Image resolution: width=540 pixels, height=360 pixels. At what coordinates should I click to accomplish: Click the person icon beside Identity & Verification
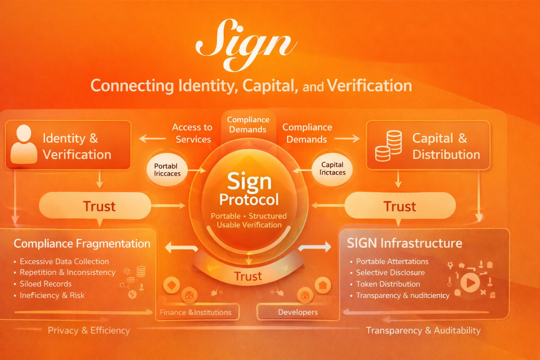(x=24, y=145)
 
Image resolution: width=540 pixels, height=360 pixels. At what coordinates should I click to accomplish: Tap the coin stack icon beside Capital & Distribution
(x=388, y=146)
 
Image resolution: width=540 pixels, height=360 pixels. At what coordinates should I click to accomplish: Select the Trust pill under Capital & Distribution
(x=400, y=206)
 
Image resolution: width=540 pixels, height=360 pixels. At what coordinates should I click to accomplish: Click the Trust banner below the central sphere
(x=248, y=276)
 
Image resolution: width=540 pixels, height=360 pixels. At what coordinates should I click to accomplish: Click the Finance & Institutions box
(x=196, y=312)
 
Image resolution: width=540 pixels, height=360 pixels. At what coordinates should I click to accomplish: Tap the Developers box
(x=298, y=312)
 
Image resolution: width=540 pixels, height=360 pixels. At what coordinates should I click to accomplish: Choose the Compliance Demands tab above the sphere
(x=248, y=125)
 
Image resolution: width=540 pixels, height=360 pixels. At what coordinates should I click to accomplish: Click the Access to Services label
(x=193, y=133)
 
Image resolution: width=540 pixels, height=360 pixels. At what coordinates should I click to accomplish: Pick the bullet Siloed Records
(x=45, y=284)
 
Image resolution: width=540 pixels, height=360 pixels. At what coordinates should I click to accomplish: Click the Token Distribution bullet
(x=388, y=284)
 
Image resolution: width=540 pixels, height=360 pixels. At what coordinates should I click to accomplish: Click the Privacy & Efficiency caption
(x=89, y=330)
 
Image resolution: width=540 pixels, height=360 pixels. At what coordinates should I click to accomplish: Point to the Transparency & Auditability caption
(x=423, y=330)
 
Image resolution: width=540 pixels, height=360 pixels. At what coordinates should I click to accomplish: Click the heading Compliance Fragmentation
(x=82, y=244)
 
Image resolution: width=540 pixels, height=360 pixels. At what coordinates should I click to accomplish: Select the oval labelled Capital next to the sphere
(x=332, y=169)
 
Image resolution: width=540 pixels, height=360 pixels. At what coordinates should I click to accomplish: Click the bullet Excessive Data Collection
(x=64, y=262)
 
